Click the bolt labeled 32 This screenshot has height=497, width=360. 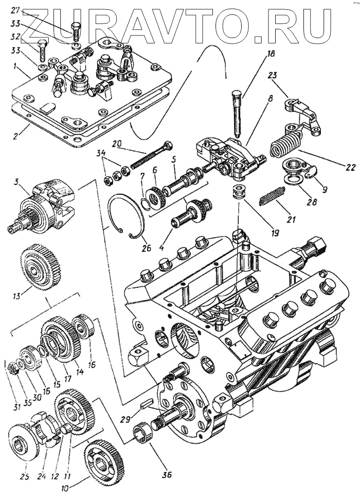click(41, 50)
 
